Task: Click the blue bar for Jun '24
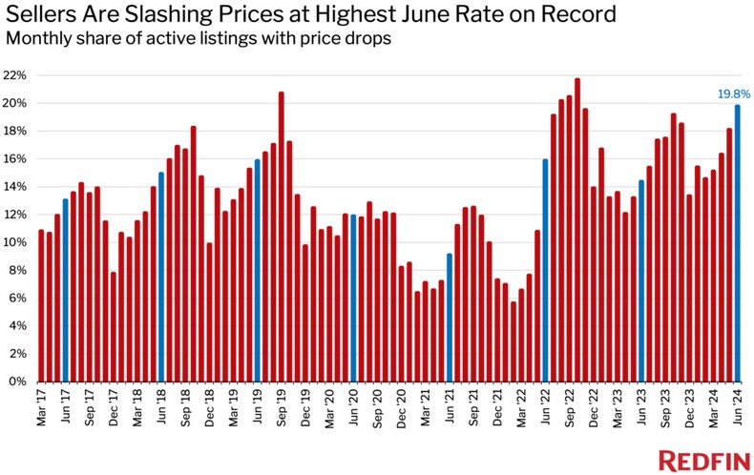point(737,243)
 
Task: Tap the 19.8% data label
point(733,94)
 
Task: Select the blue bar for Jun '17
point(65,290)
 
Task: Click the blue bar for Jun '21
point(449,317)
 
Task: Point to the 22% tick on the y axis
point(18,75)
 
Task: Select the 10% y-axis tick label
point(18,242)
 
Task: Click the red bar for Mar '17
point(41,305)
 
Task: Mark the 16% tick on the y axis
point(18,159)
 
